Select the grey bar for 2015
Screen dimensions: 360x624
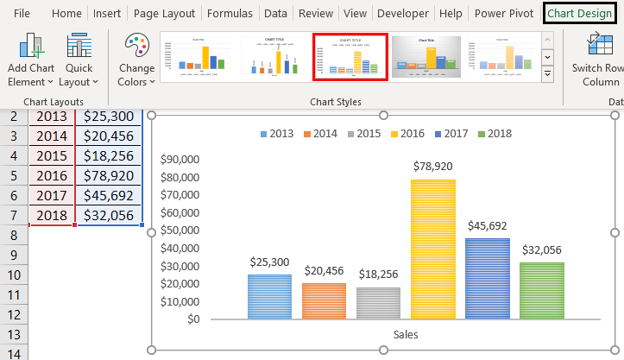[x=378, y=303]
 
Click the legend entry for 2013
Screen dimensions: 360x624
[x=277, y=134]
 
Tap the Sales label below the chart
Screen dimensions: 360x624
[x=406, y=334]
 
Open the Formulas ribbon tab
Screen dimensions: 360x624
[x=230, y=14]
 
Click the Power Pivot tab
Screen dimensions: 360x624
[x=504, y=14]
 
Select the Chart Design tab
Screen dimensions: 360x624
[x=579, y=14]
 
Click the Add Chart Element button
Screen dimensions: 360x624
[x=31, y=60]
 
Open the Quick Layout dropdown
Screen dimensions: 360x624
[x=79, y=60]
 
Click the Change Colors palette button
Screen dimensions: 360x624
[x=136, y=60]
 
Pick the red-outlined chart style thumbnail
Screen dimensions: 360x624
[x=350, y=57]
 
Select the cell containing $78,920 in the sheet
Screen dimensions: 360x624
[x=110, y=176]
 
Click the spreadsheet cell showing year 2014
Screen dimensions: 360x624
[x=52, y=136]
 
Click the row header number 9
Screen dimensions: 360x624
[x=14, y=255]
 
